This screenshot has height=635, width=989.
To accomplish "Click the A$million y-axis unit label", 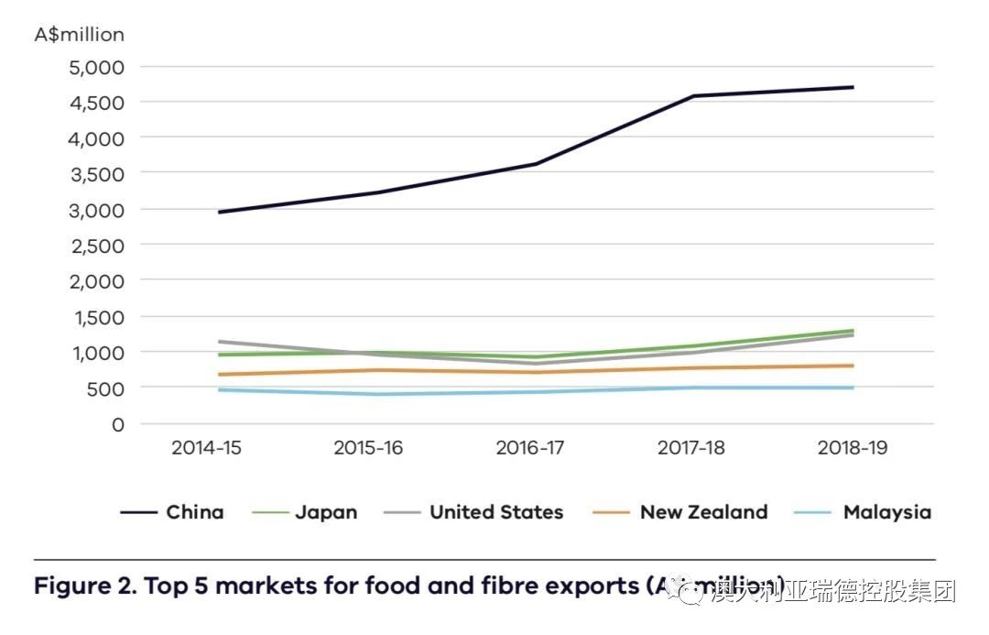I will click(x=79, y=35).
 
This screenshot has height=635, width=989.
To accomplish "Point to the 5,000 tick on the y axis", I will click(x=96, y=67).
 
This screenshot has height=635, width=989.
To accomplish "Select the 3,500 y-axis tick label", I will click(x=96, y=173).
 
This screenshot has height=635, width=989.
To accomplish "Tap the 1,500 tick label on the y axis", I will click(x=96, y=317).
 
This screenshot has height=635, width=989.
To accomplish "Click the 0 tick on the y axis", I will click(x=116, y=424).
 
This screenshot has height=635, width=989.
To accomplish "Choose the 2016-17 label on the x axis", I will click(x=530, y=448).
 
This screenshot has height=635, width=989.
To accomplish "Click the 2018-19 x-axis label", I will click(x=853, y=448).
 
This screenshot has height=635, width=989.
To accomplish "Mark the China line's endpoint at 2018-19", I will click(x=853, y=87).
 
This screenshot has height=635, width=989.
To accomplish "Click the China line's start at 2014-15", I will click(x=219, y=212).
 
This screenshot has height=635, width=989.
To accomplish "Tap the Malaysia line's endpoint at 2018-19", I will click(x=853, y=388).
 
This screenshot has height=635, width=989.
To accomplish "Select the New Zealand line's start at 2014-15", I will click(x=219, y=375).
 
